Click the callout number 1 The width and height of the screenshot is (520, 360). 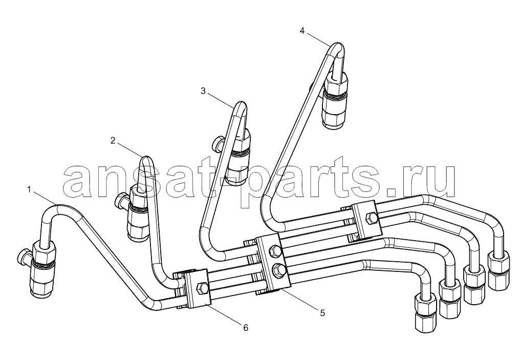[x=29, y=190]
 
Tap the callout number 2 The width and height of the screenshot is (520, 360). [x=113, y=141]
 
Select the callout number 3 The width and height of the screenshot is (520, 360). [x=203, y=91]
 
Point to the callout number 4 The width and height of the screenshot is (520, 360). [x=302, y=31]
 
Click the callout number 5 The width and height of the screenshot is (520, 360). [x=322, y=312]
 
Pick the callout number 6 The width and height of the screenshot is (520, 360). [x=245, y=328]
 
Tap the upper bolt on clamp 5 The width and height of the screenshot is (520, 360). [x=276, y=250]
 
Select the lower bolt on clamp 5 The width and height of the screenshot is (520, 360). [x=277, y=271]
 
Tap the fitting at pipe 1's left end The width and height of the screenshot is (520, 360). [x=42, y=268]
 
